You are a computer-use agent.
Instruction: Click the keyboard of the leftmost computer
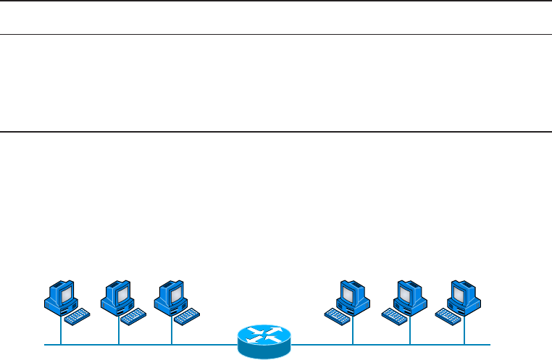78,317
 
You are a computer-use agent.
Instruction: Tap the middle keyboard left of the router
134,317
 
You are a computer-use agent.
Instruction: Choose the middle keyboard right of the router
391,317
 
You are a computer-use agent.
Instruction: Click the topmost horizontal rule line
276,1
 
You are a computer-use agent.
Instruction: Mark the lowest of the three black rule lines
276,132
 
